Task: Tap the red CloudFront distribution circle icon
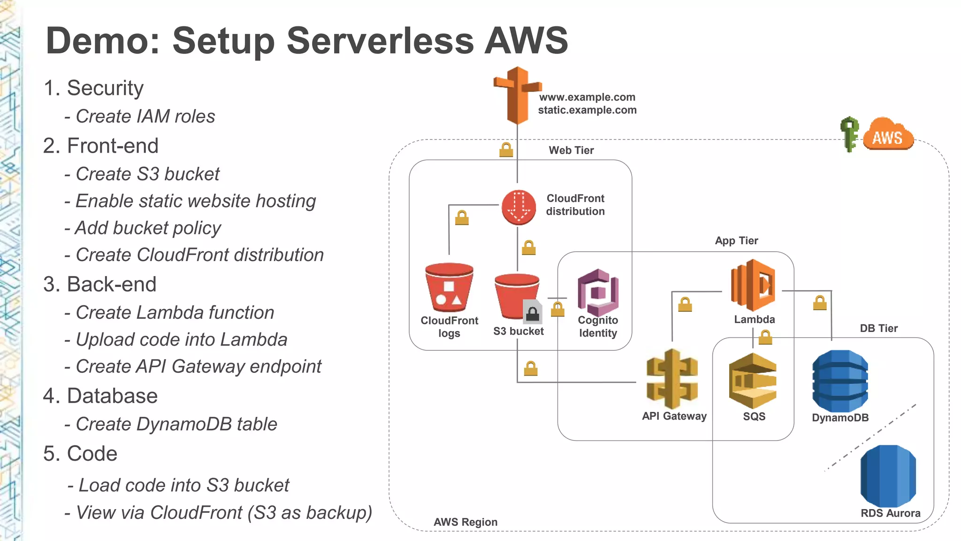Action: coord(519,208)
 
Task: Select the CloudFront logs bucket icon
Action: coord(449,287)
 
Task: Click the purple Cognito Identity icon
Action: coord(598,292)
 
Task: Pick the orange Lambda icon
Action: coord(753,285)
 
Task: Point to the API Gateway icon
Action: coord(672,379)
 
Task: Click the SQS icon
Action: coord(753,380)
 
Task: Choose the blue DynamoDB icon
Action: coord(840,381)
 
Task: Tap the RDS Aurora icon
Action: coord(888,475)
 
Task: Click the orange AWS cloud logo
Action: coord(888,136)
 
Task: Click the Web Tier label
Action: coord(571,150)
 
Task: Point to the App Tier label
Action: coord(736,240)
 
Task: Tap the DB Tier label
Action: coord(878,328)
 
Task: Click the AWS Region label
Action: coord(465,522)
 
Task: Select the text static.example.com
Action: coord(587,110)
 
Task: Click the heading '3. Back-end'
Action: coord(99,284)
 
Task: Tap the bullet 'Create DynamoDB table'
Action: coord(176,424)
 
